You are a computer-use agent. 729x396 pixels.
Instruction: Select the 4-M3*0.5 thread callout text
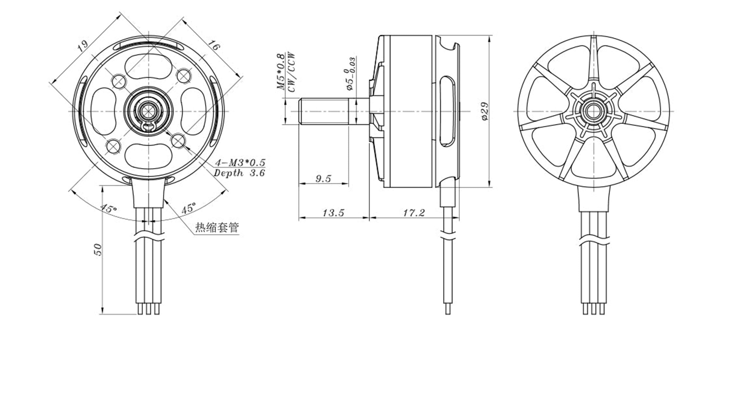click(240, 162)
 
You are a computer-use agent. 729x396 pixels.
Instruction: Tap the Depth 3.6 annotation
click(239, 173)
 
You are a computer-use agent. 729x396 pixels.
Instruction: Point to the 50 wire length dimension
click(99, 250)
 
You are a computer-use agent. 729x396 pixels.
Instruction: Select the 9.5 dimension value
click(323, 179)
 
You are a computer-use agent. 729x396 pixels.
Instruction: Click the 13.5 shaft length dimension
click(333, 212)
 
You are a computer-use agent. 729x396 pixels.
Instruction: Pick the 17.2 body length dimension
click(414, 212)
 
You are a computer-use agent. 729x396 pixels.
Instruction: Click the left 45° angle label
click(108, 208)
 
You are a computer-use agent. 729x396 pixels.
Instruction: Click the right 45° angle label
click(188, 208)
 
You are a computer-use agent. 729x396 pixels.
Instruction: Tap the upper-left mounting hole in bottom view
click(119, 81)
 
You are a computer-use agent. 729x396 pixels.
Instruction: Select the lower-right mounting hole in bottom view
click(178, 141)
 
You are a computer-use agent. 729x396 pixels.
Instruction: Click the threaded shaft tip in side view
click(300, 112)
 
